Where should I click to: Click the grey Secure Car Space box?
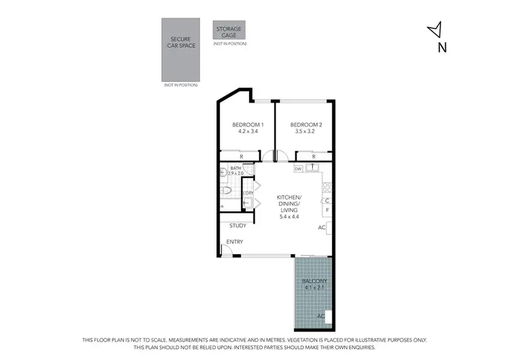click(181, 50)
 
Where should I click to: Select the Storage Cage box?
click(229, 30)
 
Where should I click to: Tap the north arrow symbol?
click(436, 29)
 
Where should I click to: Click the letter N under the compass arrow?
click(442, 48)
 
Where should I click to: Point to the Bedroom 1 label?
click(248, 125)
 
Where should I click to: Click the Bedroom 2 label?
click(305, 125)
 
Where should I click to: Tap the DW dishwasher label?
click(298, 168)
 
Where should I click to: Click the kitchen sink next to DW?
click(314, 168)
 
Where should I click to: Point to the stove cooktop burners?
click(327, 183)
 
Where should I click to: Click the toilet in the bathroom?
click(227, 191)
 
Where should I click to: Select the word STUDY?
click(238, 226)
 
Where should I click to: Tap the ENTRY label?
click(235, 242)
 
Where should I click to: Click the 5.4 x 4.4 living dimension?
click(288, 217)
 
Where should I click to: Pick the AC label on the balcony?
click(320, 316)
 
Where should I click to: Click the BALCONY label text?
click(314, 281)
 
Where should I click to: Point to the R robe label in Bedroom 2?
click(314, 157)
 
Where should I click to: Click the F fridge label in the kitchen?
click(327, 211)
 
